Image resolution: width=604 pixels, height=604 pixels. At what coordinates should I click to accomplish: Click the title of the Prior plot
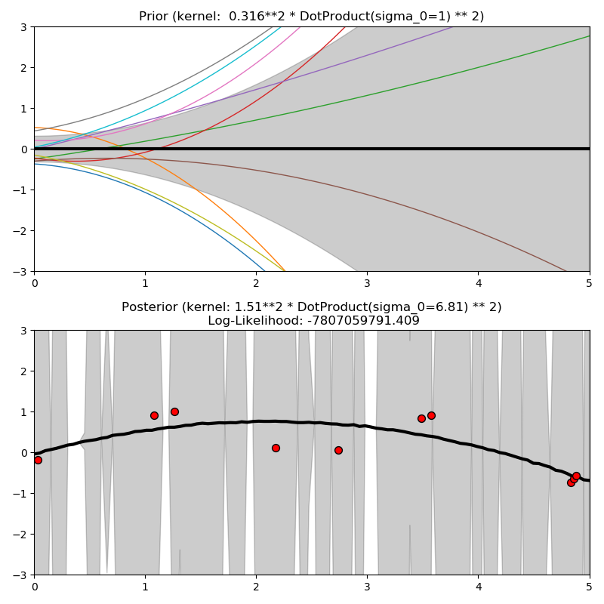coord(311,16)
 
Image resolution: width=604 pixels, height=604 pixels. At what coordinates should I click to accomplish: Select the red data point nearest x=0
coord(38,460)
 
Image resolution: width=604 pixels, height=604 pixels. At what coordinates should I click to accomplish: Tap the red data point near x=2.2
coord(276,448)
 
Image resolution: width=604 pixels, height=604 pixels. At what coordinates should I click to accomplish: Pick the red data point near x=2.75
coord(338,450)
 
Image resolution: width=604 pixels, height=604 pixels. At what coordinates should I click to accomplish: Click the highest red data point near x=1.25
coord(174,411)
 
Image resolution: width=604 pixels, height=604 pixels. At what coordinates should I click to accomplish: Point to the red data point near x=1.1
coord(154,415)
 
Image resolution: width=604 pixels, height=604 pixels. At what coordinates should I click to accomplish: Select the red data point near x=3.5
coord(421,418)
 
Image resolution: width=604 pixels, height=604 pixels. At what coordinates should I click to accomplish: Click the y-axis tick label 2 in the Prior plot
coord(23,68)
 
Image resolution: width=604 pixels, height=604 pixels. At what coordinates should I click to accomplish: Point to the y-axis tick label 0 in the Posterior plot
coord(23,453)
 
